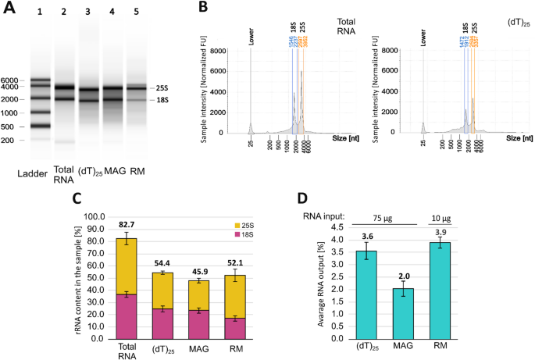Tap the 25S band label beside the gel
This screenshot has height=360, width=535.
(162, 89)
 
